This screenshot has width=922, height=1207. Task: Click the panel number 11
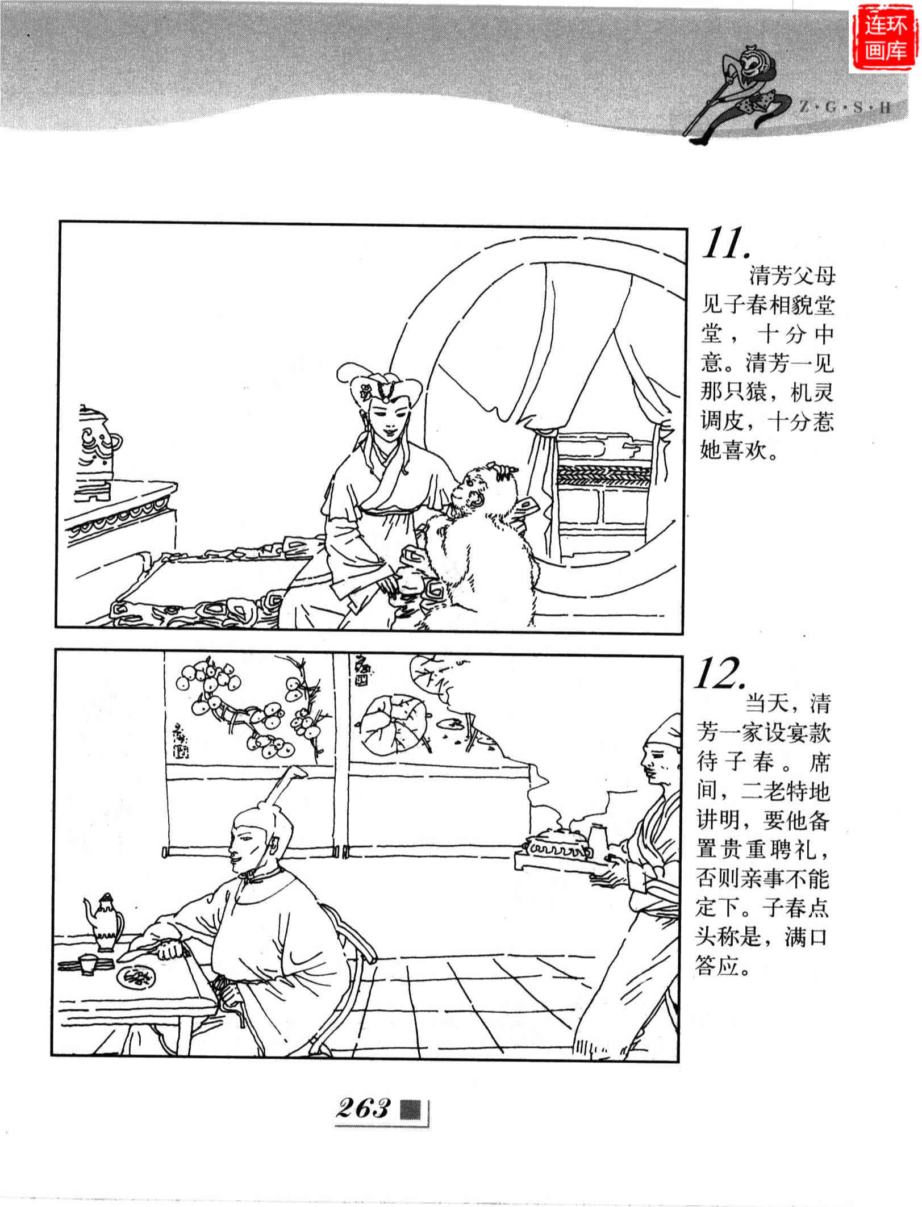click(x=727, y=244)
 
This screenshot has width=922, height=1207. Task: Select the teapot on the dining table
click(x=106, y=922)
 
